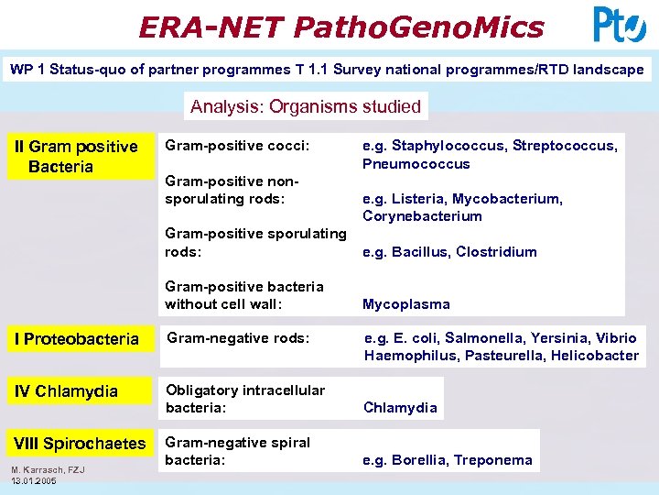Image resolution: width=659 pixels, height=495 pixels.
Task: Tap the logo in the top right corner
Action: point(619,25)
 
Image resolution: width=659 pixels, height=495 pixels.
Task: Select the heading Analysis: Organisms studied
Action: point(306,106)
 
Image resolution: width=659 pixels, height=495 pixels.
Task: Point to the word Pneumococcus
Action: point(416,164)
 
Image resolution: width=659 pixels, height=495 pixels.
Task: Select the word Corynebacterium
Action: point(422,216)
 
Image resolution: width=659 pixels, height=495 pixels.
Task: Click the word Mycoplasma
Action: point(406,304)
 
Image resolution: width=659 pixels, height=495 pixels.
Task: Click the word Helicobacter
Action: point(595,356)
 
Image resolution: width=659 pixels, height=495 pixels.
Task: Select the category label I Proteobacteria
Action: point(76,339)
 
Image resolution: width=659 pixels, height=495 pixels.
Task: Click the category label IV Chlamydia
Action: point(65,391)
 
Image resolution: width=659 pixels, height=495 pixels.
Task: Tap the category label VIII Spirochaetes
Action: point(79,444)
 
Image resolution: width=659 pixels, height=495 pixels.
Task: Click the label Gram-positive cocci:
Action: point(236,146)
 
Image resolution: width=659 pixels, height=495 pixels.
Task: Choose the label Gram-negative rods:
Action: point(238,338)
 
